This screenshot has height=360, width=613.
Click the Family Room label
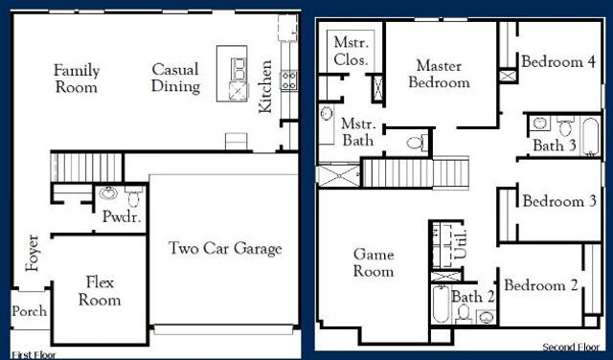[76, 79]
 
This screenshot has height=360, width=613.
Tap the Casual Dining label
[176, 79]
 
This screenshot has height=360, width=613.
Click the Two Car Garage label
[225, 249]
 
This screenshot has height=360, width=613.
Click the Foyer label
[34, 253]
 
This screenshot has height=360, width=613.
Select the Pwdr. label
[122, 217]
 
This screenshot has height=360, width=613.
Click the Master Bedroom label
[440, 74]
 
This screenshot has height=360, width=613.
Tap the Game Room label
[374, 262]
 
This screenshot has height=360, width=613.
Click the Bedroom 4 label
[558, 62]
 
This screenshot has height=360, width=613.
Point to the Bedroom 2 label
[541, 285]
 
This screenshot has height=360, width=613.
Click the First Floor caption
[34, 354]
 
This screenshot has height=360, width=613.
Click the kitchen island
[232, 74]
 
